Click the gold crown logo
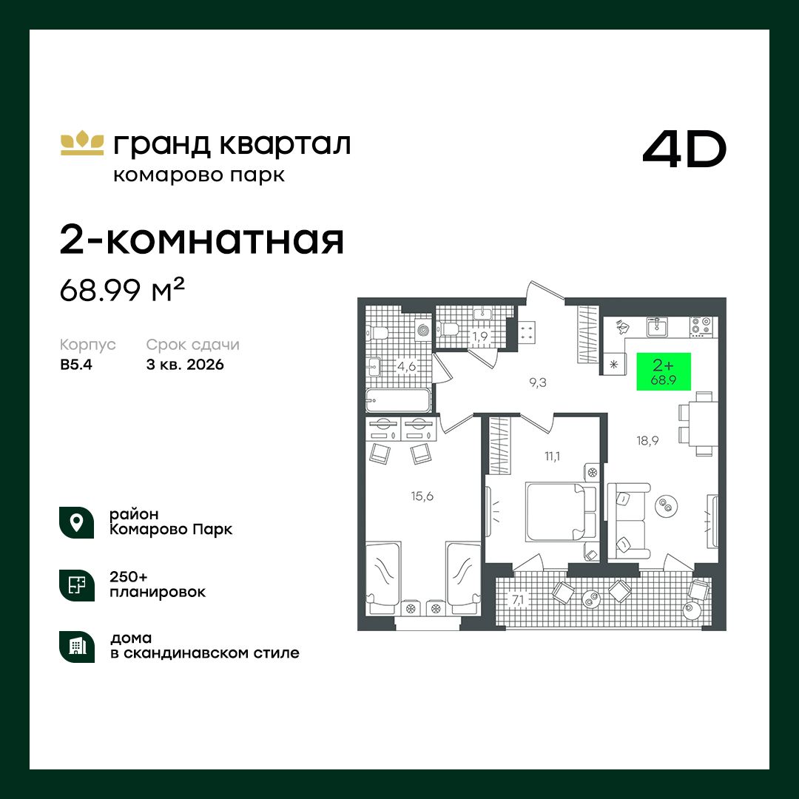pos(82,144)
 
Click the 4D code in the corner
pos(684,149)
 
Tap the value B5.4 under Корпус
pos(76,365)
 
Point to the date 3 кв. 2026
pos(185,365)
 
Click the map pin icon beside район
pos(76,522)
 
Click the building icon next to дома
pos(76,647)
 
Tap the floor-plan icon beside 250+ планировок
pos(76,585)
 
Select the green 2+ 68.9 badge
pos(664,371)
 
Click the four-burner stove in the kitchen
pos(701,327)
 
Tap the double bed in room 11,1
pos(561,512)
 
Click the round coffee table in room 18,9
pos(666,505)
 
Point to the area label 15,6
pos(422,496)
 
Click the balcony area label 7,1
pos(518,600)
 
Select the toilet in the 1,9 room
pos(449,329)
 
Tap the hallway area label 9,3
pos(538,382)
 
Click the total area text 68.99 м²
pos(122,289)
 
